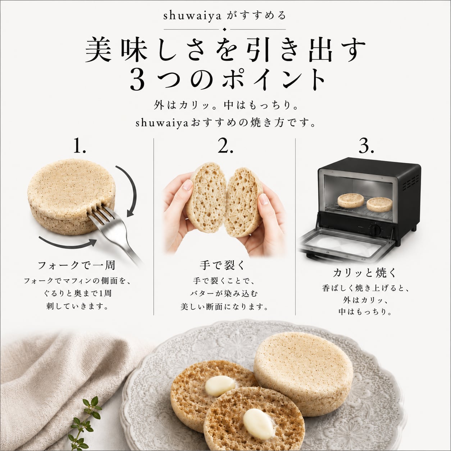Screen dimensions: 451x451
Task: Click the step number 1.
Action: pyautogui.click(x=79, y=146)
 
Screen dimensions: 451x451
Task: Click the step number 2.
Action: pyautogui.click(x=225, y=146)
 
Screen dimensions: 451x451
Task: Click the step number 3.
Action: pyautogui.click(x=366, y=146)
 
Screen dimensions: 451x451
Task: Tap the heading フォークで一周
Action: pyautogui.click(x=77, y=265)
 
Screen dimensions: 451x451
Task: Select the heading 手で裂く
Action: pyautogui.click(x=222, y=265)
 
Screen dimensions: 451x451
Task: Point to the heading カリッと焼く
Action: pyautogui.click(x=365, y=273)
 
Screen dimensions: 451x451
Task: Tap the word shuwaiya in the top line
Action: pyautogui.click(x=192, y=16)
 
